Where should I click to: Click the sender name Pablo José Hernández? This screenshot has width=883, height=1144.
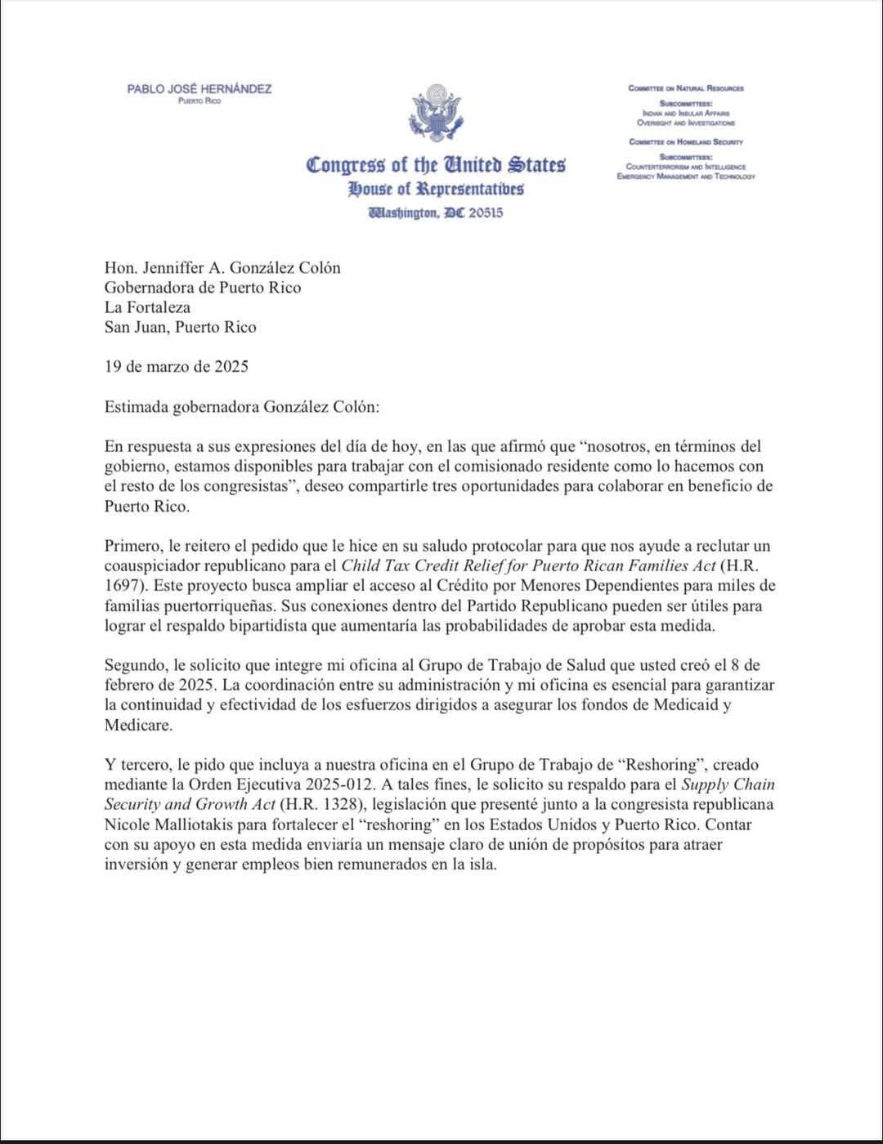click(x=199, y=88)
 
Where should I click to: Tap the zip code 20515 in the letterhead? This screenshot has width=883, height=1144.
click(x=486, y=212)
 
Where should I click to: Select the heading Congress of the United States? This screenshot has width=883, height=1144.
click(x=436, y=164)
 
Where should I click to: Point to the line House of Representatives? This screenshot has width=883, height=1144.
click(x=436, y=190)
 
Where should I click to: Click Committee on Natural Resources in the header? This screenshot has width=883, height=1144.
click(x=685, y=88)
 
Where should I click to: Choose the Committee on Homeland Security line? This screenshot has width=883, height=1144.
click(x=685, y=141)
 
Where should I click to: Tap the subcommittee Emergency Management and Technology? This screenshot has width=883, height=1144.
click(x=685, y=176)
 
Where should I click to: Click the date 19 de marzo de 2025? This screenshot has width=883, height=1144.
click(x=176, y=366)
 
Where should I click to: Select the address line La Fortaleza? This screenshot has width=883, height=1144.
click(x=147, y=307)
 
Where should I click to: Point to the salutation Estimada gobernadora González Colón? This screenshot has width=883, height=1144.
click(x=242, y=406)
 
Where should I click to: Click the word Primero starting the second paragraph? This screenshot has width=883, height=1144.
click(x=132, y=546)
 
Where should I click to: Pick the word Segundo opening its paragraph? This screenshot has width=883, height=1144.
click(x=134, y=665)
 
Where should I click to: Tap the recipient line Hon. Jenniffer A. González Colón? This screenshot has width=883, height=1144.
click(x=222, y=268)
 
